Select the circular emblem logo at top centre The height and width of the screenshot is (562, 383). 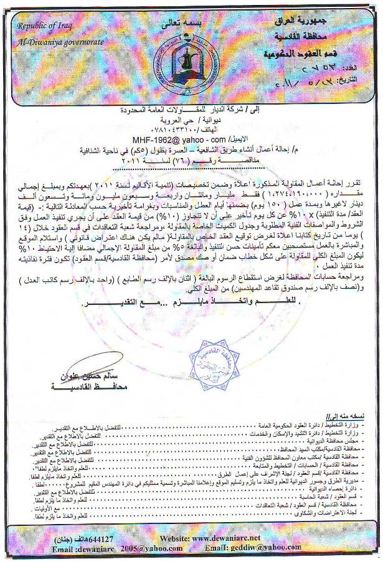click(x=186, y=57)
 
